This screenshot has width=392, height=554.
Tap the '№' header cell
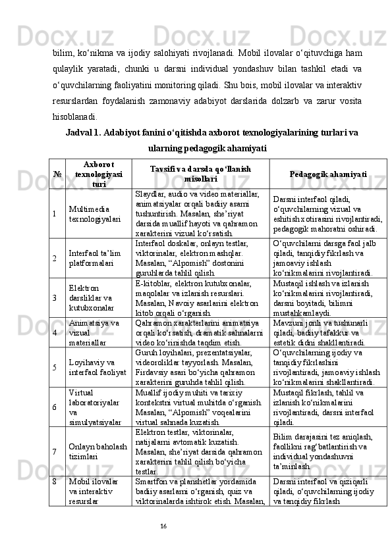57,174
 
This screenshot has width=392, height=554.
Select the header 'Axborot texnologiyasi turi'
98,174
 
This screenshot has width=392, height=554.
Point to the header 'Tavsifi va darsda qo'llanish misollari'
200,174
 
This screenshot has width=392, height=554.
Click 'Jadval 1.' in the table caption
83,132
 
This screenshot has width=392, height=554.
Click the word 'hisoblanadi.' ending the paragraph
74,117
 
